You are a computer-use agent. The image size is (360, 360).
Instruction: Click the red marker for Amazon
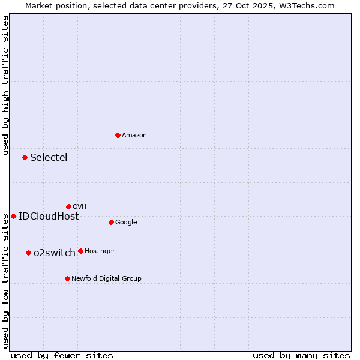click(x=118, y=135)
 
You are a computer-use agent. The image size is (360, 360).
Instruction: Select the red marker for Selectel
click(x=25, y=157)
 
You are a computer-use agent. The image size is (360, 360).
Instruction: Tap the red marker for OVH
click(x=68, y=206)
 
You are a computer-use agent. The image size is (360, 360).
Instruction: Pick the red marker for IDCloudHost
click(x=13, y=216)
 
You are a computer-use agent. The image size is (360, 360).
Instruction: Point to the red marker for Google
click(x=111, y=222)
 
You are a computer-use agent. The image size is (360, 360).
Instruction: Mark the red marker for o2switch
click(x=28, y=253)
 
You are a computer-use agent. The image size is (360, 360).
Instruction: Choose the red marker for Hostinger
click(x=80, y=251)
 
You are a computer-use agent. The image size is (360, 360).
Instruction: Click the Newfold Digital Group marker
click(x=67, y=278)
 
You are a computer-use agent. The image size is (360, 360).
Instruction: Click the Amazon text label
click(x=134, y=136)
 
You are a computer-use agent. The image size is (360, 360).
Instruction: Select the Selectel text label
click(x=49, y=158)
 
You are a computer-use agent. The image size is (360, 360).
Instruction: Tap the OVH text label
click(x=80, y=207)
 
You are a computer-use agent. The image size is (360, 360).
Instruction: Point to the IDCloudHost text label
click(x=49, y=217)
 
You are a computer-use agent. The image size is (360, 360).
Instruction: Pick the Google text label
click(x=126, y=223)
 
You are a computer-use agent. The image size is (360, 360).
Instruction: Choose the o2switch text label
click(x=55, y=253)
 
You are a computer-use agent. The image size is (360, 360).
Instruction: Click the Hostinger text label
click(x=100, y=251)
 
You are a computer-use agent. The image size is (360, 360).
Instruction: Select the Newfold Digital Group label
click(x=106, y=278)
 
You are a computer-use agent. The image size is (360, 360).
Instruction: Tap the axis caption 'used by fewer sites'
click(x=62, y=355)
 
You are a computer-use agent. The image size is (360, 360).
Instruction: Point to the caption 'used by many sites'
click(x=301, y=355)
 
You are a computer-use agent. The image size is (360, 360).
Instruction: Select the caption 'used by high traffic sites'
click(x=5, y=86)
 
